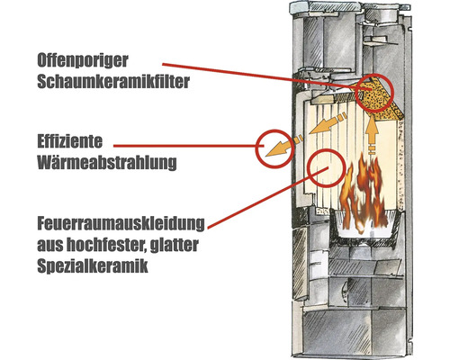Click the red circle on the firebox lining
(326, 165)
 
